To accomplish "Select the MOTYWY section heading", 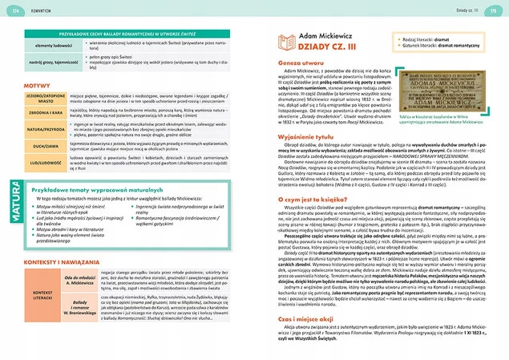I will pos(38,84).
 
